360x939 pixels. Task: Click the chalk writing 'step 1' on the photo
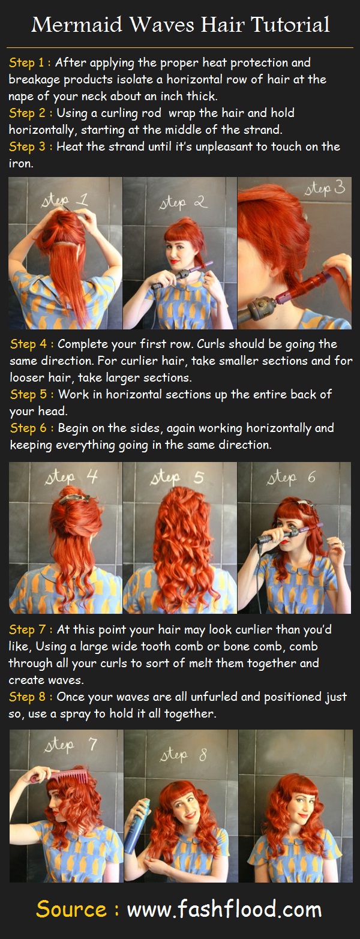pyautogui.click(x=64, y=199)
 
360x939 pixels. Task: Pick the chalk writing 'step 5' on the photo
pyautogui.click(x=180, y=478)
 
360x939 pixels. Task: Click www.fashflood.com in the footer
pyautogui.click(x=224, y=910)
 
